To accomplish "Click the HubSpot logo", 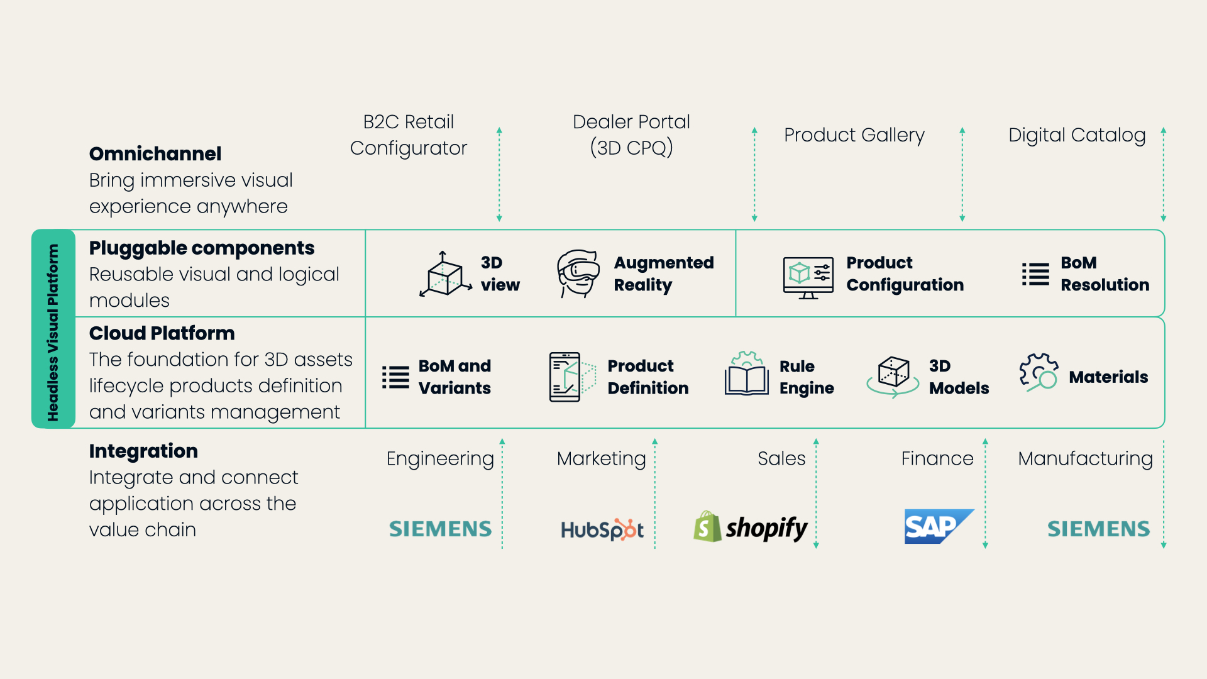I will point(602,529).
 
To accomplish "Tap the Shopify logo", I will point(751,527).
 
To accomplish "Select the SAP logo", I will point(937,526).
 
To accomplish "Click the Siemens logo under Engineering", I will point(440,529).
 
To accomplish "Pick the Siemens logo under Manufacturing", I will point(1098,529).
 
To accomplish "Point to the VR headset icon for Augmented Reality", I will point(577,273).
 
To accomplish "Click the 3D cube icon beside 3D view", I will point(445,275).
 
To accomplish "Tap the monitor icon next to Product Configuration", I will point(808,276).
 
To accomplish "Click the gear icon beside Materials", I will point(1038,372).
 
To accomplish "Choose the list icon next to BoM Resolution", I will point(1035,274).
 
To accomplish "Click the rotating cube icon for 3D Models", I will point(893,376).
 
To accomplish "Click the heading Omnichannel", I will point(155,153).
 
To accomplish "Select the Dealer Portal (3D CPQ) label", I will point(631,135).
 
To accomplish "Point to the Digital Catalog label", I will point(1076,135).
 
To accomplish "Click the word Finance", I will point(937,458).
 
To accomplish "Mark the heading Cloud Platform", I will point(162,333).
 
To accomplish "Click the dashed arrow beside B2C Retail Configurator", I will point(499,175).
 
